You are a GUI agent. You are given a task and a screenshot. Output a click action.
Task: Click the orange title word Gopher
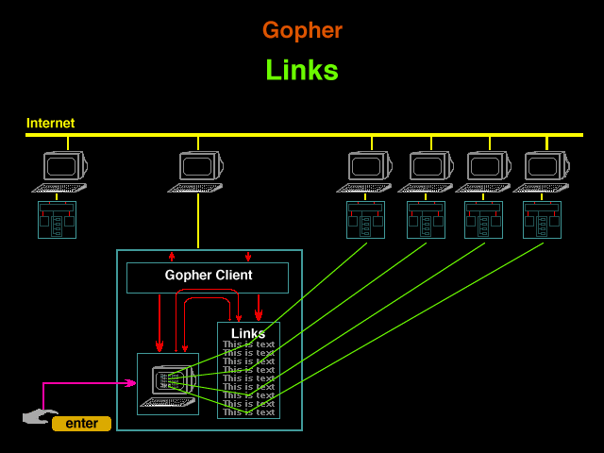coord(302,30)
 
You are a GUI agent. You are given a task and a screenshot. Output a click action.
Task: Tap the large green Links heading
coord(302,70)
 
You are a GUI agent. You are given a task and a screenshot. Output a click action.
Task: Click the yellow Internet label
coord(50,123)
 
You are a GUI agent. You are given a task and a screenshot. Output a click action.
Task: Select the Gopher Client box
coord(208,277)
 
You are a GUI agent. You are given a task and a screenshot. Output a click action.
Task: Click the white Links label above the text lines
coord(248,333)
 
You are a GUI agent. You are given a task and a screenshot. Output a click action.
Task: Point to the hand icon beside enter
coord(38,416)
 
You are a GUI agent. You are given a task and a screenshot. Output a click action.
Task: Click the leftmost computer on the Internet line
coord(61,170)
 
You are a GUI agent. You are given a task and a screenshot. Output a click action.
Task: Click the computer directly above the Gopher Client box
coord(197,170)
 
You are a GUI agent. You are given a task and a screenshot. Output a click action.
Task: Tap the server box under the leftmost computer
coord(57,220)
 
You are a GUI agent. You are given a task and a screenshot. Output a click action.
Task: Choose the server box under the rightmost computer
coord(542,220)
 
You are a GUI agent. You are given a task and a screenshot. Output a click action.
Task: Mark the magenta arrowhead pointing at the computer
coord(131,383)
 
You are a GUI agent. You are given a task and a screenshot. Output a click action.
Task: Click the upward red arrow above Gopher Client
coord(172,256)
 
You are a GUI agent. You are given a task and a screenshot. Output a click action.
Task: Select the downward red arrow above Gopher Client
coord(248,256)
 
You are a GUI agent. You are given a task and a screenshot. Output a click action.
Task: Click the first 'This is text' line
coord(248,344)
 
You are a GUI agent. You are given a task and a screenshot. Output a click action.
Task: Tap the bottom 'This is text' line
coord(248,412)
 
